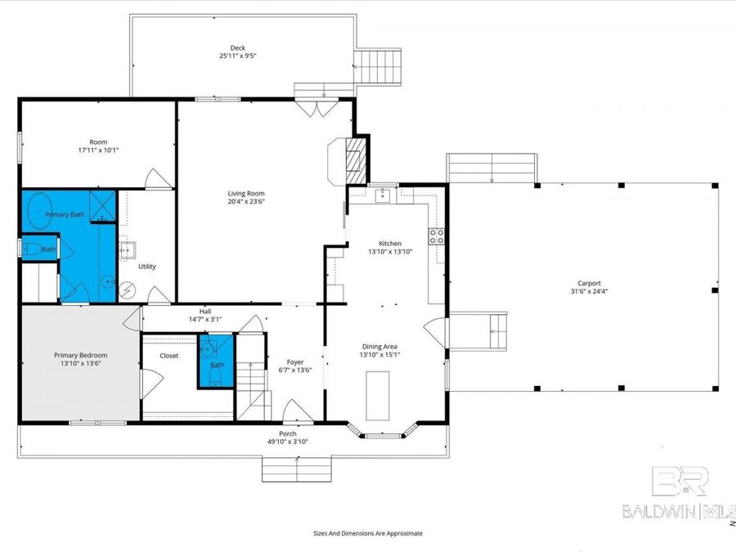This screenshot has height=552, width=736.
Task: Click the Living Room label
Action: (246, 193)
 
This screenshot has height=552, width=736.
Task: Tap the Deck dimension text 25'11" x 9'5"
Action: (238, 56)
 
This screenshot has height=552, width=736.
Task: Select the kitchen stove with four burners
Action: (437, 237)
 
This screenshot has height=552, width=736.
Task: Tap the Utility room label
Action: (146, 267)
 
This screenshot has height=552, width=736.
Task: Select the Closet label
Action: (169, 356)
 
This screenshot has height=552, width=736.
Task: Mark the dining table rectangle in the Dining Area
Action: (377, 395)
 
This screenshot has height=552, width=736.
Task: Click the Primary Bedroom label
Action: (80, 355)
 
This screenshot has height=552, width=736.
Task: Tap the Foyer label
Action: (294, 361)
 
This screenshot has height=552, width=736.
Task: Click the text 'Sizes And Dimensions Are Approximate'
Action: (368, 532)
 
